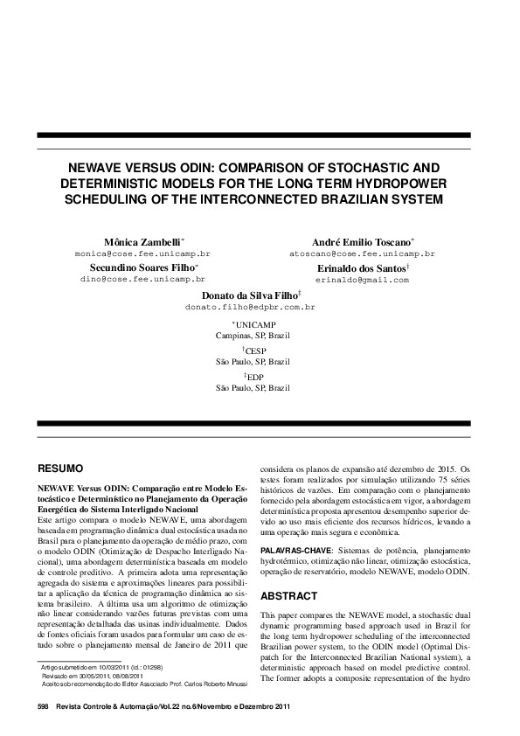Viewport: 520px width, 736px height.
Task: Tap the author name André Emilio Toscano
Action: tap(362, 241)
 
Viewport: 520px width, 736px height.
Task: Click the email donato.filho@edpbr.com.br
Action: tap(250, 309)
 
